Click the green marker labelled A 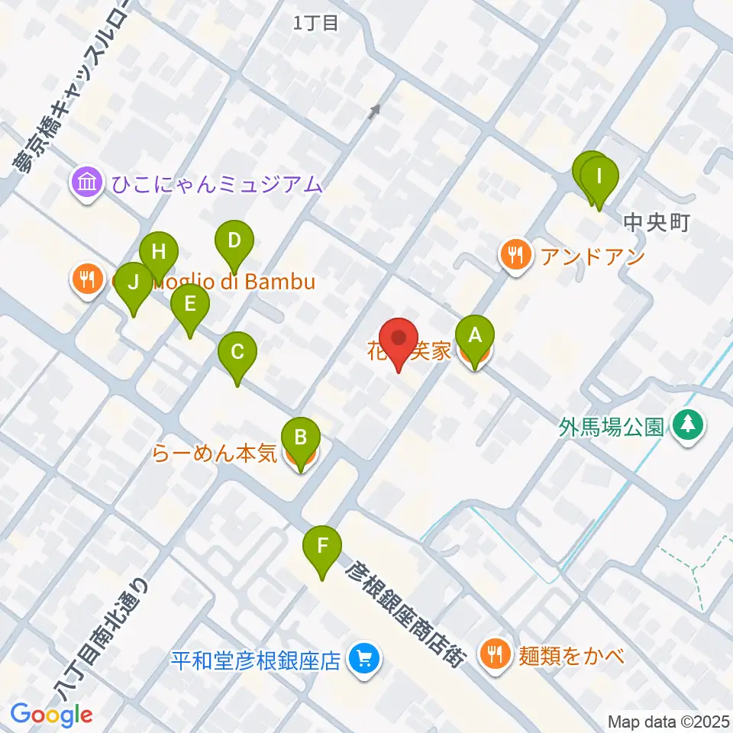[x=475, y=336]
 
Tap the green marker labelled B [x=301, y=438]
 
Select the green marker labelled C [x=237, y=354]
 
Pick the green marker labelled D [x=234, y=241]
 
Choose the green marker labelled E [x=190, y=305]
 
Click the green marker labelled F [x=322, y=547]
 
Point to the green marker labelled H [x=159, y=252]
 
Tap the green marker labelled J [x=134, y=283]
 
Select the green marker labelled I [x=599, y=178]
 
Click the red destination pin [x=399, y=338]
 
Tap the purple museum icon [x=88, y=183]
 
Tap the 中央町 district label [x=657, y=222]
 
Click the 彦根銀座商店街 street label [x=404, y=613]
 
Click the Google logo [x=51, y=715]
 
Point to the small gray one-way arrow [x=374, y=112]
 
